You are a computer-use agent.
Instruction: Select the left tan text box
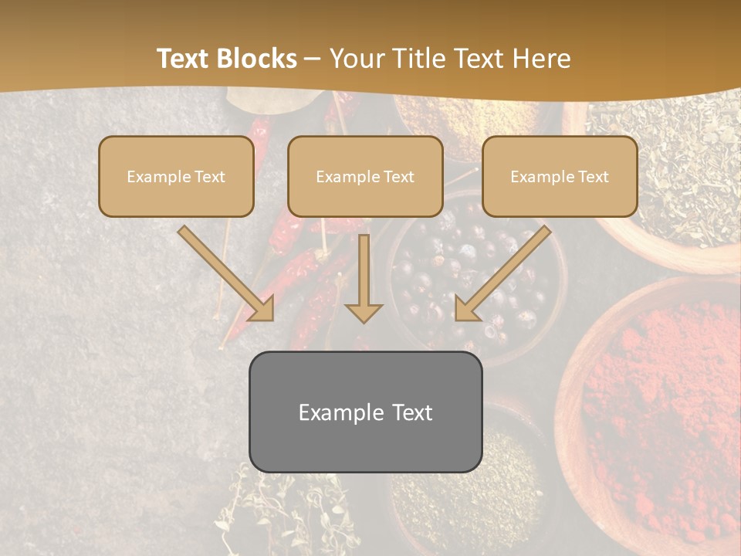(x=176, y=177)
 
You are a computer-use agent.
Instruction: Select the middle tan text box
(x=365, y=177)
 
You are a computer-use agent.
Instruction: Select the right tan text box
(x=560, y=177)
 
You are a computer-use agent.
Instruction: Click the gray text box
(x=365, y=412)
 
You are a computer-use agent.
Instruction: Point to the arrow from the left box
(x=225, y=273)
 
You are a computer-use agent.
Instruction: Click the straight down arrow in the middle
(x=364, y=278)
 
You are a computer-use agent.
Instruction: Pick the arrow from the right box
(x=502, y=273)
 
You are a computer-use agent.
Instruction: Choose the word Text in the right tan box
(x=593, y=177)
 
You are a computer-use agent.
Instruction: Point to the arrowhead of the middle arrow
(x=364, y=312)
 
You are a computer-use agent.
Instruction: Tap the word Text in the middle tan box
(x=398, y=177)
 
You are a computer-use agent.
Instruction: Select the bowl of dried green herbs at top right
(x=672, y=170)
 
